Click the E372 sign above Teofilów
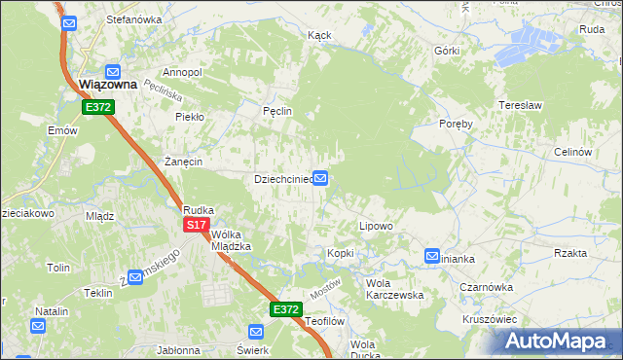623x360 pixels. pyautogui.click(x=284, y=309)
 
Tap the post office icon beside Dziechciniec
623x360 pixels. pyautogui.click(x=319, y=179)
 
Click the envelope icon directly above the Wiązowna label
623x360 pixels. pyautogui.click(x=113, y=71)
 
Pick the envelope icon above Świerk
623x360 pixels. pyautogui.click(x=255, y=333)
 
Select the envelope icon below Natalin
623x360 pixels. pyautogui.click(x=38, y=326)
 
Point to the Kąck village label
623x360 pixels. pyautogui.click(x=319, y=35)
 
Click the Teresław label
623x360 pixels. pyautogui.click(x=518, y=102)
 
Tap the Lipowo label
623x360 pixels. pyautogui.click(x=376, y=226)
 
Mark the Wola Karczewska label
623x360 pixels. pyautogui.click(x=392, y=289)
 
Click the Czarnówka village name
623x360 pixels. pyautogui.click(x=487, y=287)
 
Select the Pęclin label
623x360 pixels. pyautogui.click(x=277, y=112)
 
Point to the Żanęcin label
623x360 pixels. pyautogui.click(x=182, y=162)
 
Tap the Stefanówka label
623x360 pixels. pyautogui.click(x=133, y=19)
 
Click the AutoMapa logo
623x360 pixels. pyautogui.click(x=558, y=341)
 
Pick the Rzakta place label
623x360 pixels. pyautogui.click(x=569, y=253)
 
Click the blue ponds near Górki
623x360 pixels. pyautogui.click(x=531, y=44)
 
